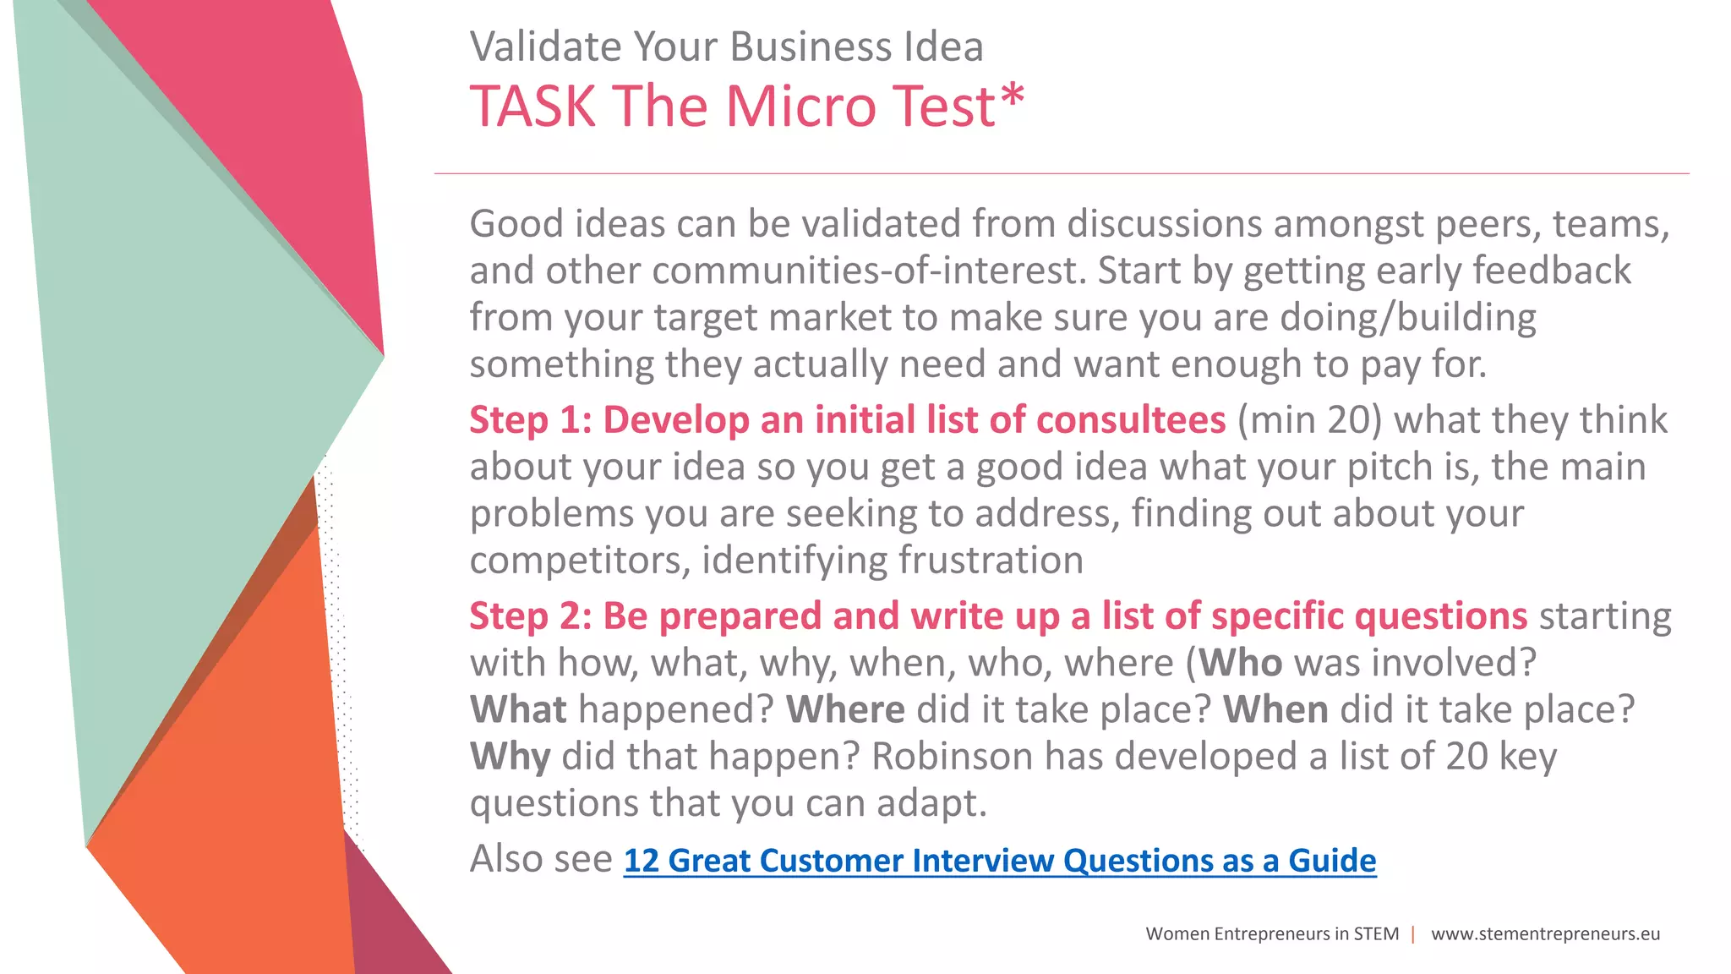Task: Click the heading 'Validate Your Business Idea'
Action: point(726,47)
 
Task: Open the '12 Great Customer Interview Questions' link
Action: point(999,861)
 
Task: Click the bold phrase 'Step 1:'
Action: point(530,420)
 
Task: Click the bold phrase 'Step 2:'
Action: point(530,616)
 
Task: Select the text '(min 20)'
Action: point(1309,420)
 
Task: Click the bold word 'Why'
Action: point(510,757)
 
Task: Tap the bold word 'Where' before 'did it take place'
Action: point(845,710)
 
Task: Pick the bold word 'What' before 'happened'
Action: point(518,710)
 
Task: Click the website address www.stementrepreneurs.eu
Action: point(1545,934)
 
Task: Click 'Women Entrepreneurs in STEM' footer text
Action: point(1272,934)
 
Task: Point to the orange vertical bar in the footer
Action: point(1413,934)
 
